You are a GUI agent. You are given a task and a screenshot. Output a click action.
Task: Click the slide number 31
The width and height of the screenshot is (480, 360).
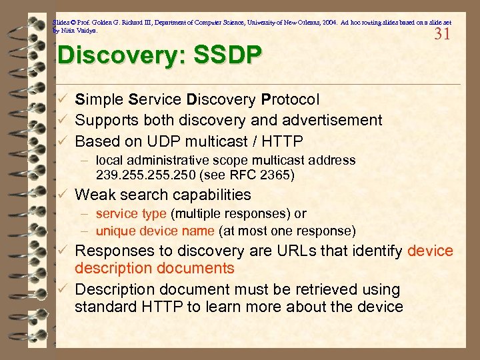point(442,34)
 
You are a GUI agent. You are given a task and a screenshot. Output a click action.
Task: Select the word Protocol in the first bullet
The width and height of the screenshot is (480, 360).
point(291,99)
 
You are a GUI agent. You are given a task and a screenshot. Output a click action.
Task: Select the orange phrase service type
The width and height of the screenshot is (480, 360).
point(131,214)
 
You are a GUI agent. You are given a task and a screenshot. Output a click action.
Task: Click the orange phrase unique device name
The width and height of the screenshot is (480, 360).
point(155,231)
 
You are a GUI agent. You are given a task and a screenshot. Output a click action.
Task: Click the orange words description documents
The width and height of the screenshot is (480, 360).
point(155,268)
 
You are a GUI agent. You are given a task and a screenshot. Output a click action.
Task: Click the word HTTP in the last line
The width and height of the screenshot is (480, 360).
point(159,307)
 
